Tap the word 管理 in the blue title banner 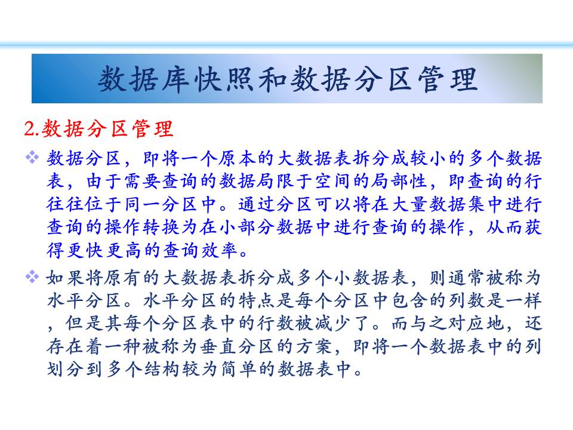pyautogui.click(x=448, y=79)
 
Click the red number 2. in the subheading pyautogui.click(x=32, y=129)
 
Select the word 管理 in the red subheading pyautogui.click(x=153, y=129)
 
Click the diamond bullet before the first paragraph pyautogui.click(x=32, y=158)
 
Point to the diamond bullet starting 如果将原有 pyautogui.click(x=32, y=277)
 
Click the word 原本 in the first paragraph pyautogui.click(x=238, y=158)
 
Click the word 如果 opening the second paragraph pyautogui.click(x=66, y=278)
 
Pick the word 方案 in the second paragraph pyautogui.click(x=315, y=346)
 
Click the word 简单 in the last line pyautogui.click(x=238, y=369)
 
